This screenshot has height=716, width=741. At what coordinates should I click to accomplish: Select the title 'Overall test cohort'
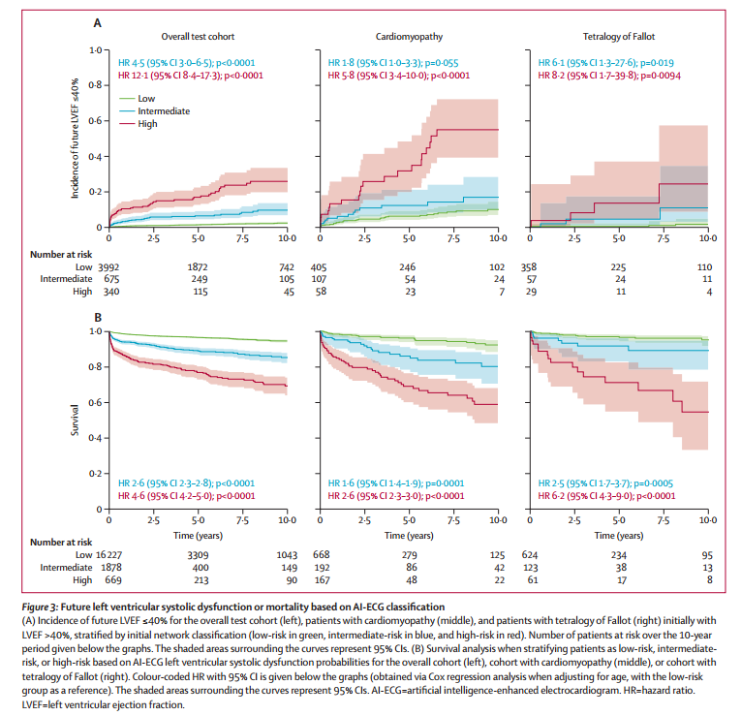pos(197,36)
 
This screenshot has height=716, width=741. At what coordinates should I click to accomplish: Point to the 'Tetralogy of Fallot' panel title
pos(619,36)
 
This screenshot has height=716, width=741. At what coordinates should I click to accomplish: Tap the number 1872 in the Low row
pos(199,266)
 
